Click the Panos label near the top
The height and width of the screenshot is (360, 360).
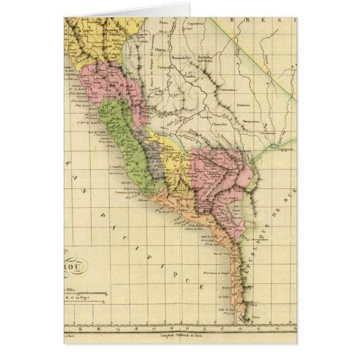[164, 23]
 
